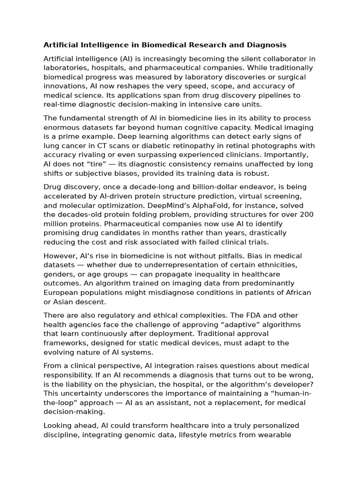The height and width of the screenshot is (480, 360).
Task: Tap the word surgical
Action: (x=288, y=77)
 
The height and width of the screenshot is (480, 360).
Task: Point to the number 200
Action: (x=307, y=215)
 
